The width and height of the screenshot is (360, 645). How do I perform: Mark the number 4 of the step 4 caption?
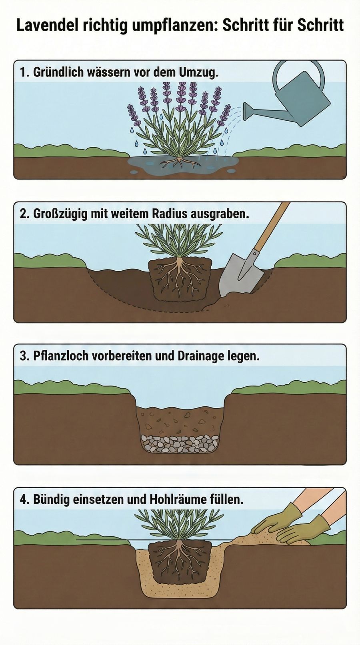coord(23,499)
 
